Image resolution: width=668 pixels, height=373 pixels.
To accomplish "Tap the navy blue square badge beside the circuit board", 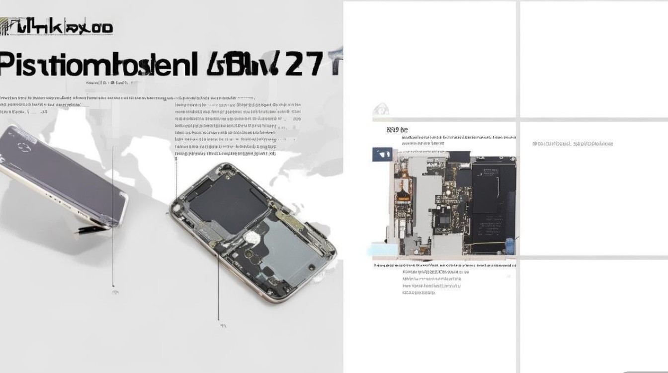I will (x=382, y=154).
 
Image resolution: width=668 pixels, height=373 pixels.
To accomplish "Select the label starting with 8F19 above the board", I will (x=397, y=130).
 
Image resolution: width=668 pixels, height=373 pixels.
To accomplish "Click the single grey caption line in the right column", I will (x=572, y=144).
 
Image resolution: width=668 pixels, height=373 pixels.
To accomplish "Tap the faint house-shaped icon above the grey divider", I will (x=381, y=109).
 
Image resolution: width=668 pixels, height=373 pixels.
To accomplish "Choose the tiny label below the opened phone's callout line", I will (x=223, y=326).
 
